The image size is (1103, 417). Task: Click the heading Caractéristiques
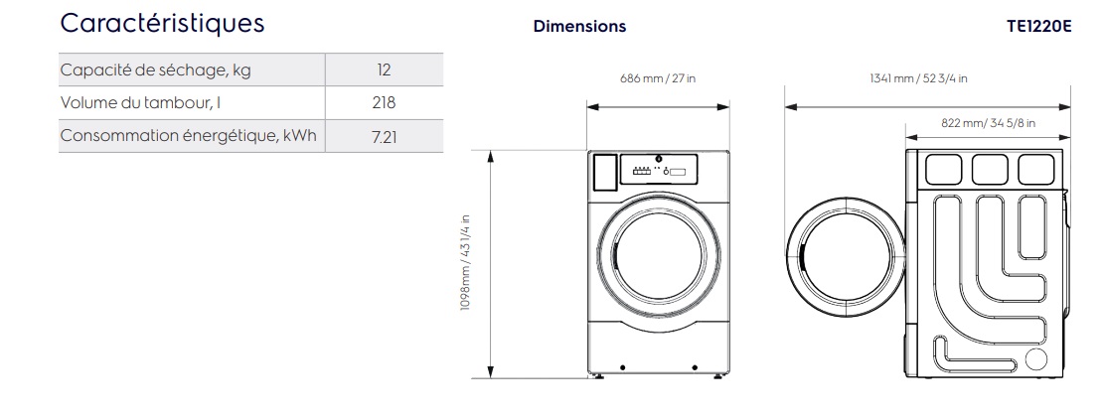163,24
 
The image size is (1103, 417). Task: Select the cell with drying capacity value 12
385,69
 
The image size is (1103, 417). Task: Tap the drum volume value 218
385,102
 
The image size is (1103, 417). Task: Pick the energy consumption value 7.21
385,136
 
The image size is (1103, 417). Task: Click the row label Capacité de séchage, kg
155,70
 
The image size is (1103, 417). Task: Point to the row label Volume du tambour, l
141,102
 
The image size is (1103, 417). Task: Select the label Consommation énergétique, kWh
189,136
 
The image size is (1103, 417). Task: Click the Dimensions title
579,26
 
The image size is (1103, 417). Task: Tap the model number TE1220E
1039,26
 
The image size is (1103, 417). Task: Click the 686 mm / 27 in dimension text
658,78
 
